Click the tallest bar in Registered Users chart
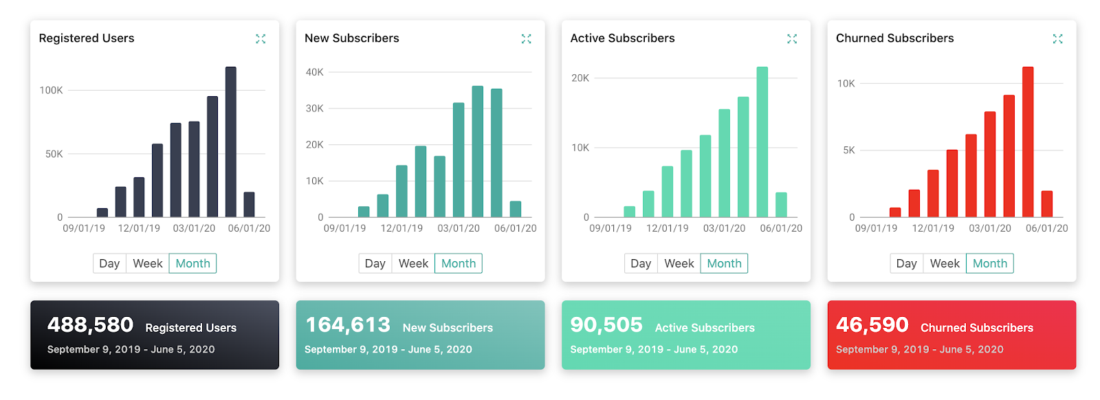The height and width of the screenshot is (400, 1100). pos(231,142)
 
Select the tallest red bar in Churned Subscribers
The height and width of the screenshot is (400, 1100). pos(1028,142)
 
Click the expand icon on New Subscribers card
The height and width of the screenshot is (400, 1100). pos(526,39)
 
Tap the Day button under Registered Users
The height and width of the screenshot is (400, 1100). pos(109,263)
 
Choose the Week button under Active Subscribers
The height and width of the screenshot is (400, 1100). pos(679,263)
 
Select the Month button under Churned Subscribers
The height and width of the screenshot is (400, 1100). pos(989,263)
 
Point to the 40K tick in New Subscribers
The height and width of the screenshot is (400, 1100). pos(314,72)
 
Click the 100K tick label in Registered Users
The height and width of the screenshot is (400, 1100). pos(51,90)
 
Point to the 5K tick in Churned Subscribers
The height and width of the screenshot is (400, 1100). pos(849,150)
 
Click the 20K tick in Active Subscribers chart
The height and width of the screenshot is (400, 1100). pos(580,78)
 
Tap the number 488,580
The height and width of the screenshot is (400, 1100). pos(90,325)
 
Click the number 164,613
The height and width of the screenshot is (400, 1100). pos(348,325)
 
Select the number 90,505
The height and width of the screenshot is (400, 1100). pos(606,325)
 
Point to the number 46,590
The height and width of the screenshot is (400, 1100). pos(872,325)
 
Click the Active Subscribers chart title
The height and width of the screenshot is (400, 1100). pos(622,38)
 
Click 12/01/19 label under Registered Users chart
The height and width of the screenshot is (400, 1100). pos(139,228)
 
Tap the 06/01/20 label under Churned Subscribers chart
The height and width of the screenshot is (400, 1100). pos(1046,228)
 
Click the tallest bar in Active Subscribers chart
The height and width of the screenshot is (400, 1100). pos(762,142)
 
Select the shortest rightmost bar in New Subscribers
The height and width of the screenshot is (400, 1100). pos(516,209)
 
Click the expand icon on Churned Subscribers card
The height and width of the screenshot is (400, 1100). pos(1057,39)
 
